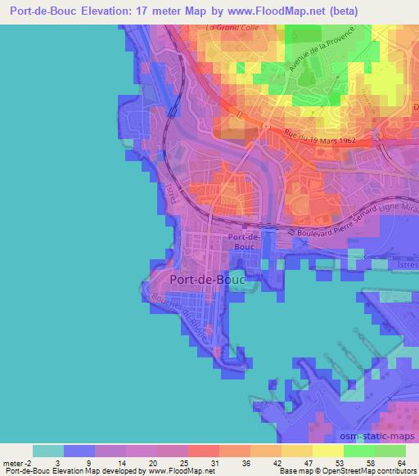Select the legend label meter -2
click(17, 462)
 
